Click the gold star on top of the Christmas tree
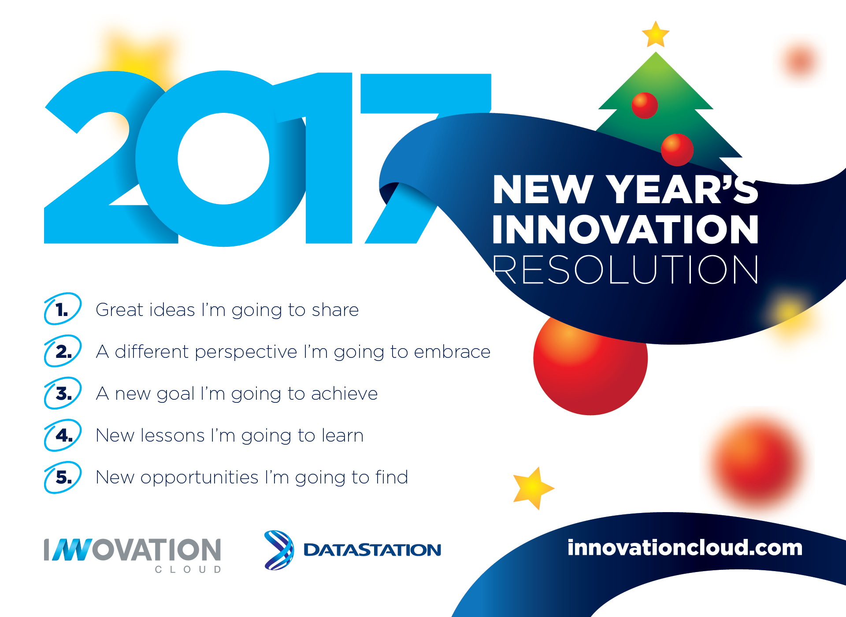pos(656,34)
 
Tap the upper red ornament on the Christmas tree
pos(645,105)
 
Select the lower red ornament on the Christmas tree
pos(677,150)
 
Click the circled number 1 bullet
pos(63,309)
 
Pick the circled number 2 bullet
pos(63,351)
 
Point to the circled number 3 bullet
pos(63,393)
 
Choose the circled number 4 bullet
pos(63,435)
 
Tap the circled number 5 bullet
pos(63,477)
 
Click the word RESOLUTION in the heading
pos(626,269)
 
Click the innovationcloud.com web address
pos(685,548)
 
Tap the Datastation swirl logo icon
pos(279,550)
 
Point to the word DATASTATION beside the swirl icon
pos(372,550)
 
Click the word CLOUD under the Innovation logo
pos(188,569)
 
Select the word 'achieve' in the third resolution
pos(344,394)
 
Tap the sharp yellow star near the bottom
pos(533,488)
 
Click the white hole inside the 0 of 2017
pos(223,159)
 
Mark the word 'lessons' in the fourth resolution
pos(173,435)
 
